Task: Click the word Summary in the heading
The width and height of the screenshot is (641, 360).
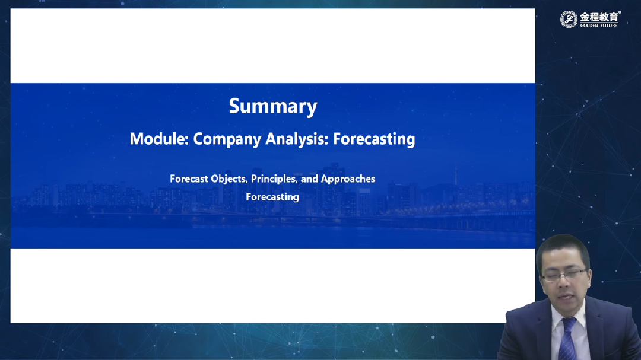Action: (272, 107)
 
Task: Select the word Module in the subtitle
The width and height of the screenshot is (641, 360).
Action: (158, 139)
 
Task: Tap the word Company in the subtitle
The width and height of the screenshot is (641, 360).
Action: (227, 139)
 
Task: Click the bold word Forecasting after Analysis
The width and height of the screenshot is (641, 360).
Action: (374, 139)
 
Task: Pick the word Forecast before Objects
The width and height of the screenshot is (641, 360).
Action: (189, 179)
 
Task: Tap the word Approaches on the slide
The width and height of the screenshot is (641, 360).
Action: (348, 179)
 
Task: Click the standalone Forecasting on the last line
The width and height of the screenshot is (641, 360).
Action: (272, 197)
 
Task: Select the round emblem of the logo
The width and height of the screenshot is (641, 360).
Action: (569, 19)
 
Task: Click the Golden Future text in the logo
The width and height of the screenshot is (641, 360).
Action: (599, 26)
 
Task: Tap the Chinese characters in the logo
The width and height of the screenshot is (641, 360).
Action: (599, 17)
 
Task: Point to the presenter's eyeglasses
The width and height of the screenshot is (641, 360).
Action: (566, 274)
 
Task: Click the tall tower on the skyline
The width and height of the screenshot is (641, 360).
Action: (456, 180)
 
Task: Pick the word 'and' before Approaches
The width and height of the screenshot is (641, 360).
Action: (309, 179)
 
